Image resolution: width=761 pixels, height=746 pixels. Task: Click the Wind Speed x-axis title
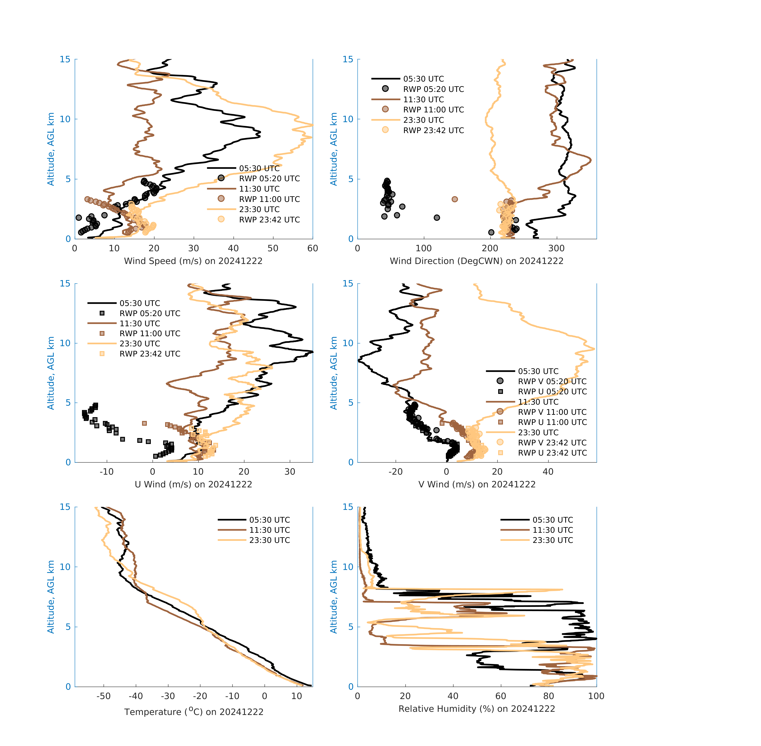click(x=193, y=261)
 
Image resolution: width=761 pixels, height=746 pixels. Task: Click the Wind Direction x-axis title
click(x=476, y=261)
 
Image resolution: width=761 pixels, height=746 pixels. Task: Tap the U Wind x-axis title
click(x=193, y=484)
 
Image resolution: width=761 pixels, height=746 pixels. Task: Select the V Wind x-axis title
click(x=476, y=484)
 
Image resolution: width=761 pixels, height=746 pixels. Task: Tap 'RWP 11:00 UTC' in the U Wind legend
click(x=150, y=333)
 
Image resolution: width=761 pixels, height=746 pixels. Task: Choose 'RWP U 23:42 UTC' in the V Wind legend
click(x=552, y=453)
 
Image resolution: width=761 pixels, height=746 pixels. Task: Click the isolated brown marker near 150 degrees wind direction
click(x=455, y=199)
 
